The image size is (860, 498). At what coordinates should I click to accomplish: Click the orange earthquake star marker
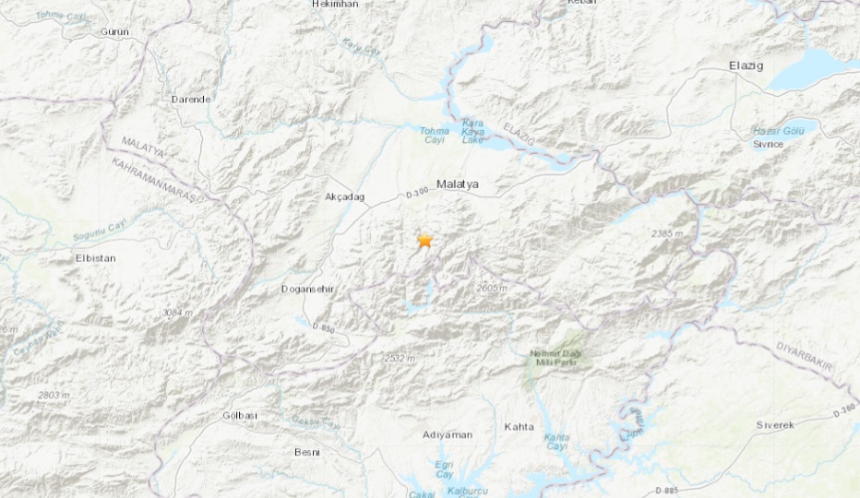click(424, 241)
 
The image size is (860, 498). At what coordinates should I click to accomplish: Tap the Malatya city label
click(458, 184)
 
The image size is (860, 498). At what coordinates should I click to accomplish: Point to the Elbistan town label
click(95, 258)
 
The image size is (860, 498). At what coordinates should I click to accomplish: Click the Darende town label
click(191, 99)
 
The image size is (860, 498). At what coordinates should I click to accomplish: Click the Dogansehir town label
click(307, 290)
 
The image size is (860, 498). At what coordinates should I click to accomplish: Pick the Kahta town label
click(520, 426)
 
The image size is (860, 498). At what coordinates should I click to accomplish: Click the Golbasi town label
click(238, 416)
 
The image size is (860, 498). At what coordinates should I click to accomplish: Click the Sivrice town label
click(768, 145)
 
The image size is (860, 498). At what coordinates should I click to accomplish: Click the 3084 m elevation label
click(177, 314)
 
